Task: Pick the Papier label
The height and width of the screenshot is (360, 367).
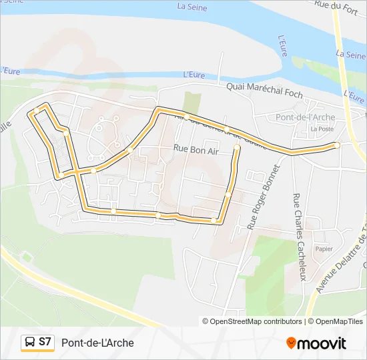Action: [x=324, y=249]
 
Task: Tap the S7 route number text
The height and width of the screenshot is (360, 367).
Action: [x=45, y=342]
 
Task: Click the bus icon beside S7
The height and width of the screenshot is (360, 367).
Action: [x=31, y=343]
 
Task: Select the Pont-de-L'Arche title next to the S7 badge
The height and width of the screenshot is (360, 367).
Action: [x=97, y=343]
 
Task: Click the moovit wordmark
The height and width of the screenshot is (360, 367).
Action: [x=322, y=343]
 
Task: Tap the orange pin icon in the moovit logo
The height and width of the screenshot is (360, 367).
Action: [x=291, y=343]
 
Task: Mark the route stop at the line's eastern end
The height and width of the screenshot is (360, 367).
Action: [x=337, y=145]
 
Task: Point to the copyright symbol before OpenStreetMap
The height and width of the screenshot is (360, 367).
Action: [x=206, y=321]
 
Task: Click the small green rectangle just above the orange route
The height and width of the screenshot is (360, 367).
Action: [x=192, y=103]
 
